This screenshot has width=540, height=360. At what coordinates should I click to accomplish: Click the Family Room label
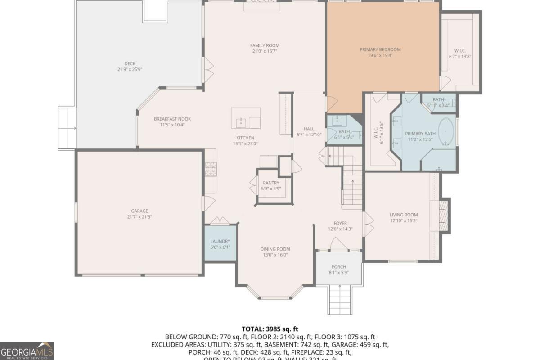[265, 45]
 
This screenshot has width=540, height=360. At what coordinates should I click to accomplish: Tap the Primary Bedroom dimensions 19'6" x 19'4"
[380, 56]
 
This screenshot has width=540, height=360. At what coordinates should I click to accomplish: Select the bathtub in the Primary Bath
[446, 132]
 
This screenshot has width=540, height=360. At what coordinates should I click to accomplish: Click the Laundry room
[220, 244]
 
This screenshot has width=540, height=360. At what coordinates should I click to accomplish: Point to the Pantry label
[271, 183]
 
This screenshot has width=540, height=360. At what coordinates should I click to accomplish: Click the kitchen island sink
[241, 122]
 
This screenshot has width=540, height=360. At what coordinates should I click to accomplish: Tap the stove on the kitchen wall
[211, 169]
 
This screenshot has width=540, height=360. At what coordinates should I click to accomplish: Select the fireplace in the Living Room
[443, 215]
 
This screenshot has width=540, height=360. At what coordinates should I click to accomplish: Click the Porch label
[338, 267]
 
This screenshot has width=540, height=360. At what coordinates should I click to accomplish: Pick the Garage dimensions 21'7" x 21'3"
[139, 217]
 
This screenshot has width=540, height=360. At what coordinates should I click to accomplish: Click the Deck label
[130, 64]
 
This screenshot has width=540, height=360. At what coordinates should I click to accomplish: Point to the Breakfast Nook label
[172, 119]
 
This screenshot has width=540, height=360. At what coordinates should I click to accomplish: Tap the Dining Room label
[275, 249]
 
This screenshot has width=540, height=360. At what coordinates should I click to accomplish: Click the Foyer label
[340, 223]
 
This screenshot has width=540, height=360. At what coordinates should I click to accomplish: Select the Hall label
[309, 129]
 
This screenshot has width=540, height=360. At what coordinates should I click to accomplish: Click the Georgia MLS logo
[27, 350]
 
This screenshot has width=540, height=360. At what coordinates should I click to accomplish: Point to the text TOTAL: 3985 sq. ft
[270, 329]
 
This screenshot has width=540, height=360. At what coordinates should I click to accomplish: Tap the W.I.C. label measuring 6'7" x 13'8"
[459, 50]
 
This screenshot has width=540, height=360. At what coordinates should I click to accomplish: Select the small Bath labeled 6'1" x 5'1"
[344, 131]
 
